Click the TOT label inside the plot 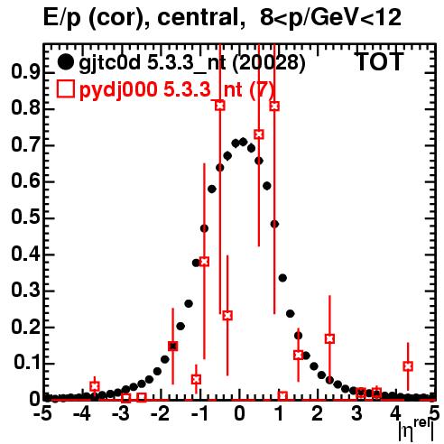[379, 62]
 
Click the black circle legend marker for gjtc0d [65, 62]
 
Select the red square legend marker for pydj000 [65, 89]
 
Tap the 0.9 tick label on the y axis [25, 72]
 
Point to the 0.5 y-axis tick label [25, 217]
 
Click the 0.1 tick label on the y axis [26, 363]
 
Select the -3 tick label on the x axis [121, 413]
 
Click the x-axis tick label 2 [317, 413]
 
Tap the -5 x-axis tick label [44, 413]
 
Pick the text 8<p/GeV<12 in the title [330, 19]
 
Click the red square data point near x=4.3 [408, 366]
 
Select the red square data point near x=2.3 [329, 338]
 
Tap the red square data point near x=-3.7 [95, 386]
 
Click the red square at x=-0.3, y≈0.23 [227, 316]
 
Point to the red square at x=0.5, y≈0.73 [259, 134]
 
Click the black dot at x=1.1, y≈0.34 [282, 278]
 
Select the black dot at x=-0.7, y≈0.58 [212, 190]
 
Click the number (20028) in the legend [269, 63]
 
